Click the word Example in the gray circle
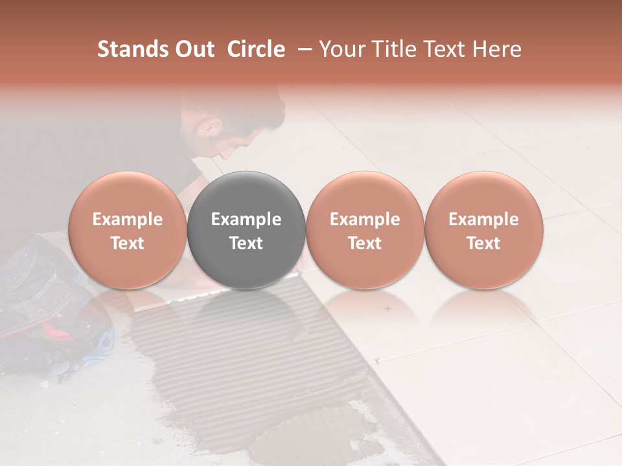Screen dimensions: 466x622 coord(246,219)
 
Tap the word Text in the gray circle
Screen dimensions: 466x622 coord(246,243)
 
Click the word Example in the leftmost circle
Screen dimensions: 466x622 coord(128,219)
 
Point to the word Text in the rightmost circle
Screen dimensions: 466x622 coord(483,243)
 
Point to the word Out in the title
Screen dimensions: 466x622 coord(194,49)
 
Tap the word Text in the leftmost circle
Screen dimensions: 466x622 coord(128,243)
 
